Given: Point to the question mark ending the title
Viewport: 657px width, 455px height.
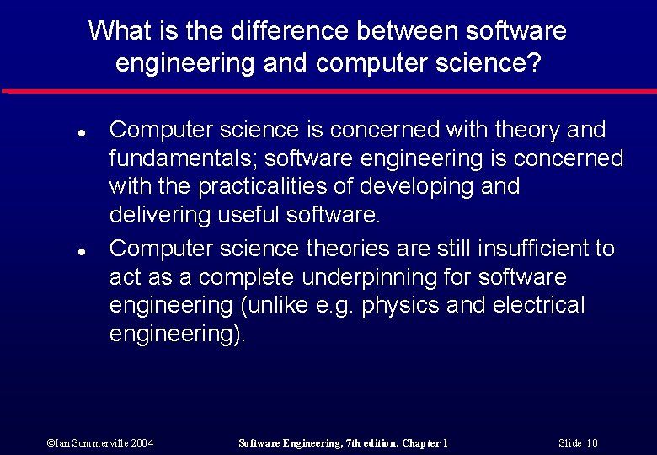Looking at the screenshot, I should point(534,62).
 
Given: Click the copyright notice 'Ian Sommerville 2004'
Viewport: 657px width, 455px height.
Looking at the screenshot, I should point(100,442).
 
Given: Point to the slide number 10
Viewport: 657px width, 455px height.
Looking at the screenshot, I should point(592,442).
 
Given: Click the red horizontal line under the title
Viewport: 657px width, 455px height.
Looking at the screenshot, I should point(328,90).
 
